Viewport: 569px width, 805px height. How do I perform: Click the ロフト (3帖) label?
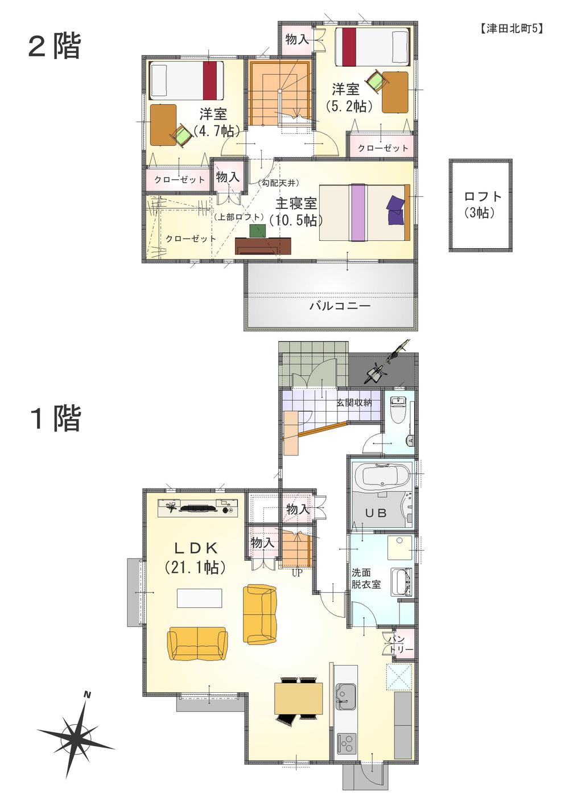point(483,205)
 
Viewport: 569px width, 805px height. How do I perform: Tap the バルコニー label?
point(340,306)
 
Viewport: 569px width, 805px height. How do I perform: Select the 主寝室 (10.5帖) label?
point(296,212)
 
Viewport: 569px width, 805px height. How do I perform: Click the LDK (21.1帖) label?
point(196,557)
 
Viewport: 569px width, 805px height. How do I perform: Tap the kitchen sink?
point(345,695)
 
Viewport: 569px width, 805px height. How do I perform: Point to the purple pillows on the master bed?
point(395,209)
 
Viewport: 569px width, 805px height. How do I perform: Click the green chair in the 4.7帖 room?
point(182,135)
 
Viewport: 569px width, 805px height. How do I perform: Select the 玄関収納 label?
point(353,402)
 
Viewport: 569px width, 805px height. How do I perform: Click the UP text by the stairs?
point(296,573)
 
